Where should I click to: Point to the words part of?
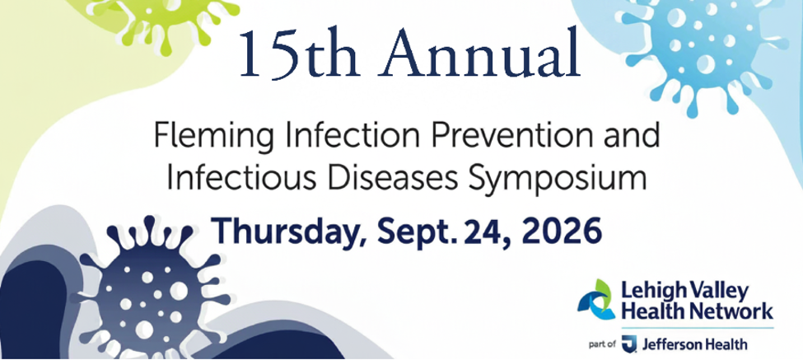click(x=603, y=345)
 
